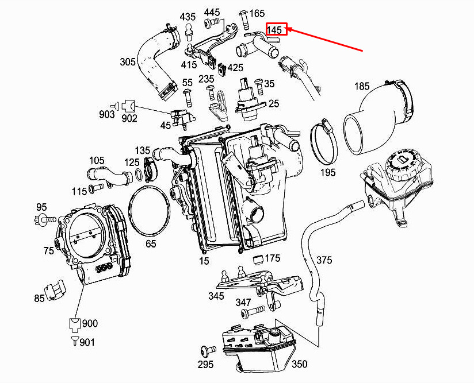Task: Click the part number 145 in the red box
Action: (x=274, y=30)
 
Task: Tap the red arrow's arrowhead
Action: (x=289, y=29)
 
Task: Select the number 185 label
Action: (x=362, y=86)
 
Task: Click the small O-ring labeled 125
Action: (x=139, y=175)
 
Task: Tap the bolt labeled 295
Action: (x=208, y=351)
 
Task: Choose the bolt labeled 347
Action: (x=253, y=312)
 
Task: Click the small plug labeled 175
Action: (x=258, y=260)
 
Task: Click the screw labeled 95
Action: (x=45, y=218)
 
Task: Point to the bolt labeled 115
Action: (x=96, y=189)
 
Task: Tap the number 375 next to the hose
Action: (x=324, y=260)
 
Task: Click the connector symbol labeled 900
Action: (x=74, y=324)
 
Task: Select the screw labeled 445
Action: (x=212, y=22)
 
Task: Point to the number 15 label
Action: (x=204, y=261)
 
